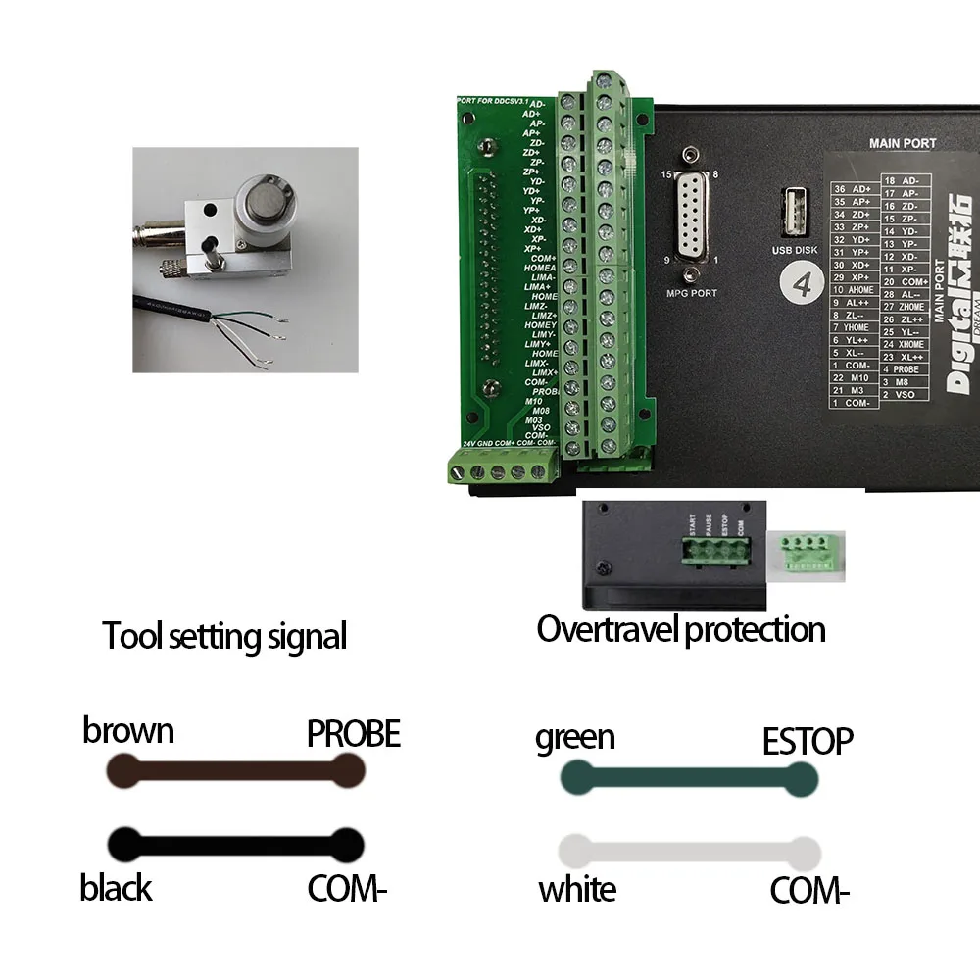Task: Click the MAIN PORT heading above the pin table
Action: click(x=903, y=143)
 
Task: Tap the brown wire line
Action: click(x=235, y=772)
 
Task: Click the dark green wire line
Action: click(x=688, y=779)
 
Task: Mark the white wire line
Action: click(x=688, y=852)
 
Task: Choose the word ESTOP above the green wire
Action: click(x=808, y=742)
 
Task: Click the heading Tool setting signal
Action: click(x=225, y=637)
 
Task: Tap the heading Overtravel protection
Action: click(x=681, y=629)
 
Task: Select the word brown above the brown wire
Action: click(x=128, y=731)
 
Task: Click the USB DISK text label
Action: click(x=795, y=249)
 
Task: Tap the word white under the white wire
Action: click(x=577, y=890)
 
